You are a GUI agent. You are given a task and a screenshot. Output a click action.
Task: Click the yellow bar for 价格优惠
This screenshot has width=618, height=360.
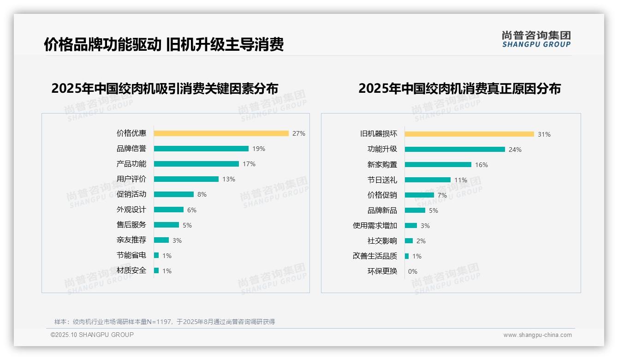pyautogui.click(x=221, y=133)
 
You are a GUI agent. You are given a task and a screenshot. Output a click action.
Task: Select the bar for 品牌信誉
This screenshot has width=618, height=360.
pyautogui.click(x=201, y=149)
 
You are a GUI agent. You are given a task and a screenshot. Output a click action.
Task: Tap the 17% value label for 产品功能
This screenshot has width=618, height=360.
pyautogui.click(x=249, y=164)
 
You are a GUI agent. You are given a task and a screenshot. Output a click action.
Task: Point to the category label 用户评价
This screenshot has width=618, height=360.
pyautogui.click(x=131, y=179)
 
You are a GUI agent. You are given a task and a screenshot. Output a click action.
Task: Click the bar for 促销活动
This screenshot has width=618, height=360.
pyautogui.click(x=173, y=194)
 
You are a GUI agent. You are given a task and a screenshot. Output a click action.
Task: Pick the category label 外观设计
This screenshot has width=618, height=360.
pyautogui.click(x=131, y=210)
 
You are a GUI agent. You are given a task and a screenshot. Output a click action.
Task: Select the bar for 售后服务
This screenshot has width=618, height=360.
pyautogui.click(x=166, y=225)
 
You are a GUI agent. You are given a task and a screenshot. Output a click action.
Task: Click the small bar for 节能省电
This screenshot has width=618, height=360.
pyautogui.click(x=156, y=255)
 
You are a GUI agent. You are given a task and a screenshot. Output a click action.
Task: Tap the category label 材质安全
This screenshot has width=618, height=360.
pyautogui.click(x=131, y=270)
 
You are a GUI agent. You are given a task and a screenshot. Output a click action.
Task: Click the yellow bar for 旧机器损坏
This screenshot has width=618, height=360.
pyautogui.click(x=469, y=134)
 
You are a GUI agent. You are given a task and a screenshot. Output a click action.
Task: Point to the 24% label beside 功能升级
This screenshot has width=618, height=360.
pyautogui.click(x=515, y=150)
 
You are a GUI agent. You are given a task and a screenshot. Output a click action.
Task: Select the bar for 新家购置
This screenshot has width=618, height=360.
pyautogui.click(x=438, y=165)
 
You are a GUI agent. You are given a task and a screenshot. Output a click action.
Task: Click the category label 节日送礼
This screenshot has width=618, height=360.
pyautogui.click(x=382, y=180)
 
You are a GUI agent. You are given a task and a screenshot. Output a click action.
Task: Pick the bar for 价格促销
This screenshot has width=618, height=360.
pyautogui.click(x=419, y=195)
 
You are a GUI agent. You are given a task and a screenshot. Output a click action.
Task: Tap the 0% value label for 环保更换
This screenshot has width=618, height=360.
pyautogui.click(x=412, y=271)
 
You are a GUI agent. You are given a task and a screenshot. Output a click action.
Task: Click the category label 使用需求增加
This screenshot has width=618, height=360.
pyautogui.click(x=374, y=226)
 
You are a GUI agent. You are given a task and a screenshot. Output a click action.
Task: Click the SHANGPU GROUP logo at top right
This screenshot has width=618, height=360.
pyautogui.click(x=536, y=39)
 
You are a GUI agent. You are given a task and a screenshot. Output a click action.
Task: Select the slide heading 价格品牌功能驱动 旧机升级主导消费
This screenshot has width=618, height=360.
pyautogui.click(x=164, y=44)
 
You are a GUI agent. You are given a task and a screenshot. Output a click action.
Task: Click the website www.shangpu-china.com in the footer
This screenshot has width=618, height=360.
pyautogui.click(x=537, y=335)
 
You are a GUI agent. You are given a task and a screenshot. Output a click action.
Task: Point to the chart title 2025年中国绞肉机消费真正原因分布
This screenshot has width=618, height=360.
pyautogui.click(x=459, y=89)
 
